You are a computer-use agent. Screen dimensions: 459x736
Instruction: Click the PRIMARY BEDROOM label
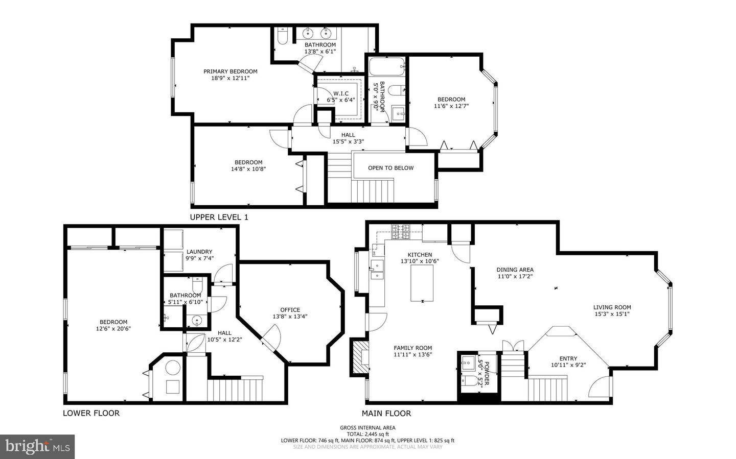[230, 71]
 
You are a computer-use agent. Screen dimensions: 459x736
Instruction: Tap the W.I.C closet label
[341, 93]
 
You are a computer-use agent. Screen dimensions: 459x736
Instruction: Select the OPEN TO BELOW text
[390, 168]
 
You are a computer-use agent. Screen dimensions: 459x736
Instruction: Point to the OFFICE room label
[290, 310]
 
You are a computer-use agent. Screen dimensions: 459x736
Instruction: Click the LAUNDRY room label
[199, 252]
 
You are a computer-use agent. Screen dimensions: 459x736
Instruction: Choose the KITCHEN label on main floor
[420, 255]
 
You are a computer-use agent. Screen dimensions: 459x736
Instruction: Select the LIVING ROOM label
[612, 307]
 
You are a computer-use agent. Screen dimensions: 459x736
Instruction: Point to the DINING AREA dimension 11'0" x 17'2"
[515, 277]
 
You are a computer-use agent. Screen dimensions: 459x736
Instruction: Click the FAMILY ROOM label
[413, 348]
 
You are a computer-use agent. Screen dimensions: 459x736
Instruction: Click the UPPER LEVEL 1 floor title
[219, 217]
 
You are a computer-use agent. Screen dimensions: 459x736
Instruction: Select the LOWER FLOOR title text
[91, 413]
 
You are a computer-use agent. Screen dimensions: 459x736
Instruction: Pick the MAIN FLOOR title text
[386, 414]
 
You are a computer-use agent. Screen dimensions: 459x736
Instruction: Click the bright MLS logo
[37, 447]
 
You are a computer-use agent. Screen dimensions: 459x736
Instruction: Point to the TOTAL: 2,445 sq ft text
[367, 434]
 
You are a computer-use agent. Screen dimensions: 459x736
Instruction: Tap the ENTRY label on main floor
[568, 358]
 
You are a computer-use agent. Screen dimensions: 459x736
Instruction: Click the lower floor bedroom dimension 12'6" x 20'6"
[113, 329]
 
